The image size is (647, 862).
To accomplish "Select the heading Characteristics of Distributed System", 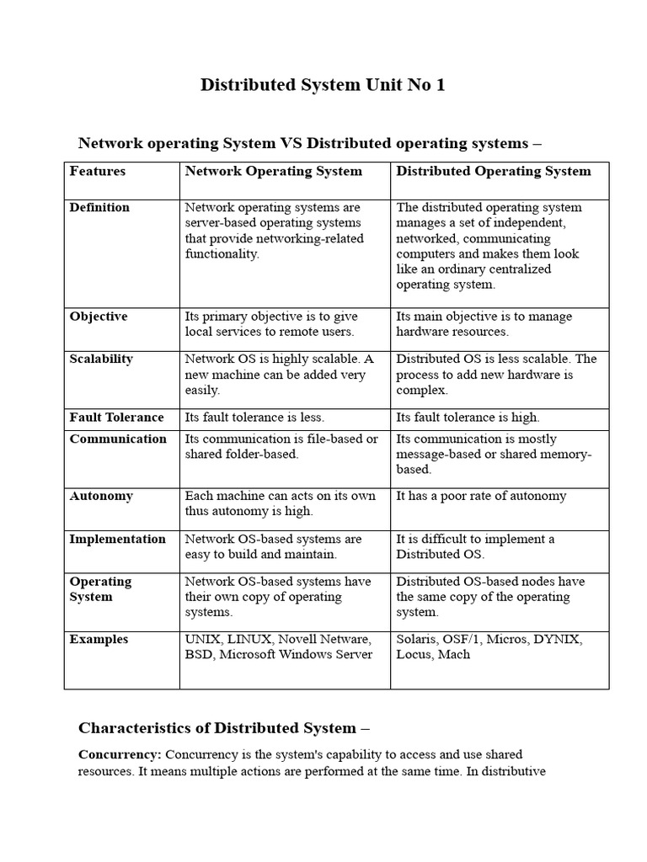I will coord(224,728).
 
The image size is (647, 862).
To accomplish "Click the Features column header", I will coord(98,171).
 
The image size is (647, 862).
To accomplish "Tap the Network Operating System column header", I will coord(273,171).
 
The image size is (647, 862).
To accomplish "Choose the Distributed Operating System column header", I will coord(494,171).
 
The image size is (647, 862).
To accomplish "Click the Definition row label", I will coord(99,207).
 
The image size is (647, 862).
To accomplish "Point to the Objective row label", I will coord(99,317).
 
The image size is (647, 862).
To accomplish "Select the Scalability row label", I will coord(101,359).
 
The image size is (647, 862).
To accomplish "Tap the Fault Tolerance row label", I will coord(116,418).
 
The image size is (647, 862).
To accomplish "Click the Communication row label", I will coord(118,439).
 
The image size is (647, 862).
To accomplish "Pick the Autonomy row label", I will coord(101,496).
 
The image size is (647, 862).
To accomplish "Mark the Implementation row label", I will coord(117,539).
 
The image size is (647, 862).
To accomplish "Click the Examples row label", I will coord(99,639).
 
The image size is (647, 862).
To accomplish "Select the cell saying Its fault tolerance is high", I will coord(468,418).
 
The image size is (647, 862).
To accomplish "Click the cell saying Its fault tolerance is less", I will coord(254,418).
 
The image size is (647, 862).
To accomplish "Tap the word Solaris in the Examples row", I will coord(417,639).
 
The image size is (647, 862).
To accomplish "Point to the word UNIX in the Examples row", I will coord(203,639).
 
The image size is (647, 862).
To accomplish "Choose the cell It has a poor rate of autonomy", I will coord(481,496).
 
